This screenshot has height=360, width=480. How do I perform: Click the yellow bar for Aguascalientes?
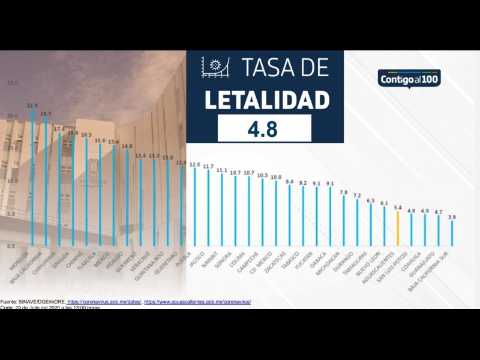point(398,229)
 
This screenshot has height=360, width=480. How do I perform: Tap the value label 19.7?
point(46,113)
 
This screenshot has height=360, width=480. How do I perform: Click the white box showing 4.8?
point(264,128)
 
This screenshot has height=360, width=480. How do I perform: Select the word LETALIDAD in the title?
point(267,100)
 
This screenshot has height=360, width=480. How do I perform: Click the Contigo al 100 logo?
point(409,78)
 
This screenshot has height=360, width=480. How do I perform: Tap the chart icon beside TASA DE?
point(215,67)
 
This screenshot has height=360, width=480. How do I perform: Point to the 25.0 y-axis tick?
point(13,83)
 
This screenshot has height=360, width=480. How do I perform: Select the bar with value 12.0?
point(194,207)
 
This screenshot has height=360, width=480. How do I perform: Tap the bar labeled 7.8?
point(344,221)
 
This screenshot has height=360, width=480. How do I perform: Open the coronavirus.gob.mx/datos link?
point(104,301)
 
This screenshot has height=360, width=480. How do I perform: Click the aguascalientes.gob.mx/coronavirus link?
point(197,301)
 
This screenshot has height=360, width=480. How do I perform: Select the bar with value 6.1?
point(385,226)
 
